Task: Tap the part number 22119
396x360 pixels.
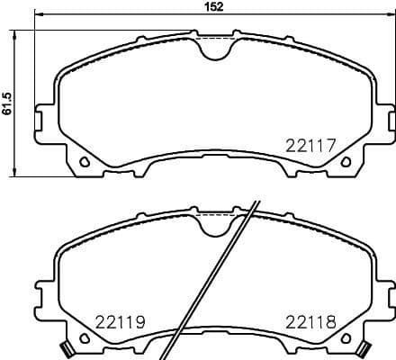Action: (120, 321)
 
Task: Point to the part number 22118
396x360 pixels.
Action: (309, 321)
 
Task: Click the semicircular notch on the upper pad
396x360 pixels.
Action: (214, 49)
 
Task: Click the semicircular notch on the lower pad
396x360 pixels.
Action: (214, 229)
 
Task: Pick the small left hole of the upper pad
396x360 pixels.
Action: (84, 162)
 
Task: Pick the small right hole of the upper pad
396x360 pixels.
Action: (346, 162)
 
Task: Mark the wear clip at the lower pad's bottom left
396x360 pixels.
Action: (66, 349)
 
